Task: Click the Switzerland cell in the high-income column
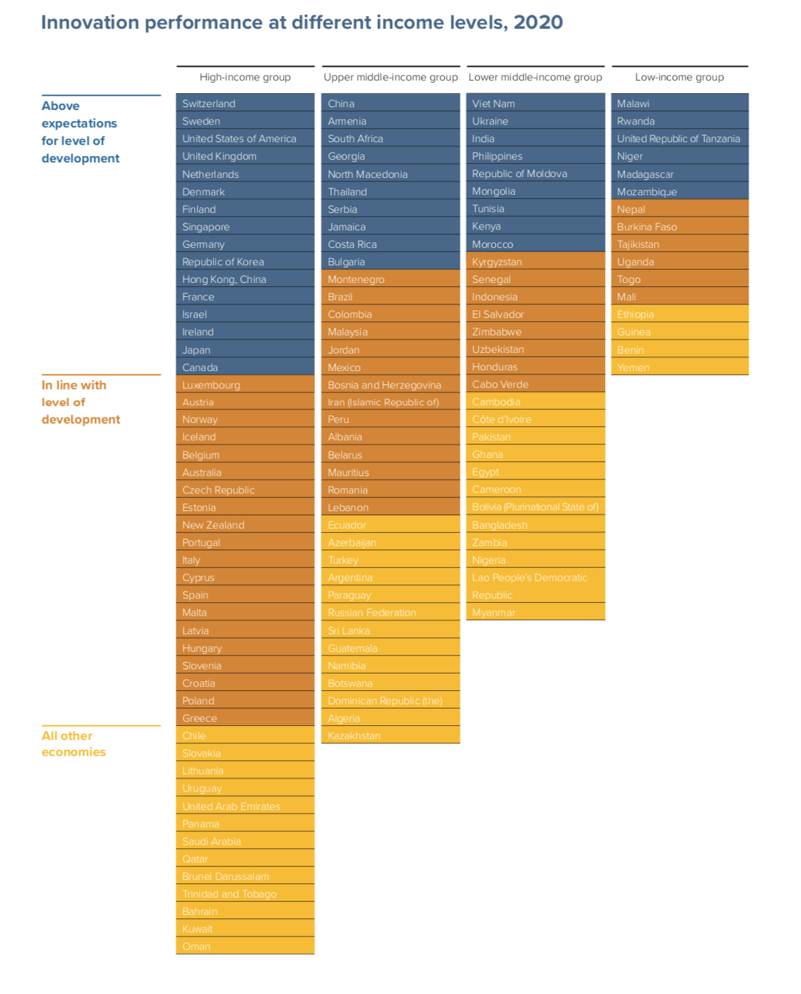(244, 104)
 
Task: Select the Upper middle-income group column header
(391, 77)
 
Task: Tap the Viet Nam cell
(535, 104)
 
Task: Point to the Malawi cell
(679, 104)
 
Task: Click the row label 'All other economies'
(74, 744)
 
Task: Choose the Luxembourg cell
(244, 385)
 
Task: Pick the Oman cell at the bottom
(244, 946)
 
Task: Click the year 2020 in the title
(538, 22)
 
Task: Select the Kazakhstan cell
(390, 736)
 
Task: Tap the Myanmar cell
(535, 612)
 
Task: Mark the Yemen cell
(679, 367)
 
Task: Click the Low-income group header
(679, 77)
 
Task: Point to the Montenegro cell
(390, 279)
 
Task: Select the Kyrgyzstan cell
(535, 262)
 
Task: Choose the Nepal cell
(679, 209)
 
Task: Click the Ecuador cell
(390, 525)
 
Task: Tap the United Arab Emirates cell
(244, 806)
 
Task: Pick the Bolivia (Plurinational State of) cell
(535, 507)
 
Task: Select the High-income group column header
(245, 77)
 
